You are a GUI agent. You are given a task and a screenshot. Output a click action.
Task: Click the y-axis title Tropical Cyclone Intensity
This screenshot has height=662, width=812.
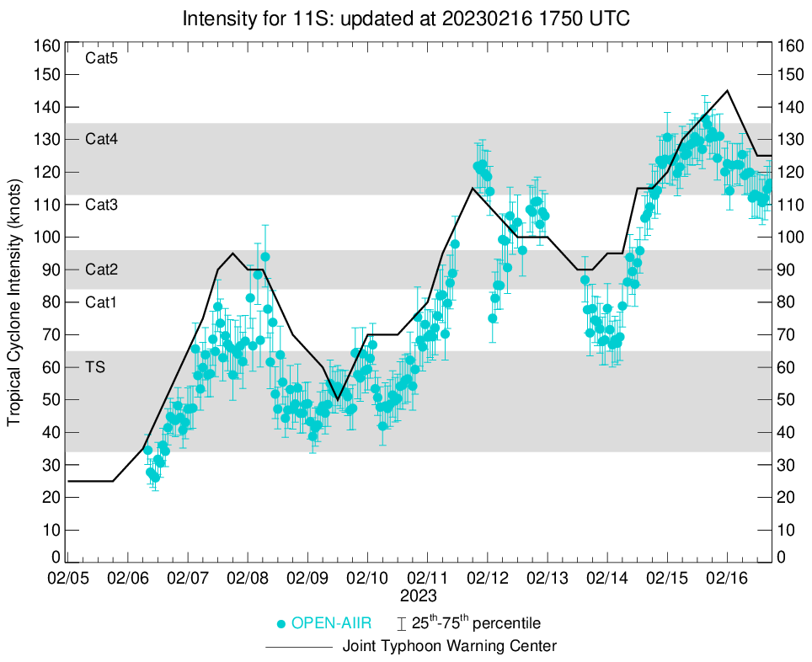(14, 302)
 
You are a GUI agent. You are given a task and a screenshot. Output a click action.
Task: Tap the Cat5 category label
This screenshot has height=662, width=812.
(101, 59)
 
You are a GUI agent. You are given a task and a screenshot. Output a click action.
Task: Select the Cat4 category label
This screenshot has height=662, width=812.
(101, 140)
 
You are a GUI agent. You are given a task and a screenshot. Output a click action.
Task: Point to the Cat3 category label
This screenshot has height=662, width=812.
(101, 205)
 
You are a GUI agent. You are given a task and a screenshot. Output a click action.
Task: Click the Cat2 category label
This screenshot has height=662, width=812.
(101, 270)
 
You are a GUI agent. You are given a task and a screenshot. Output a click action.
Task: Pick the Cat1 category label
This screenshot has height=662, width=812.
(101, 302)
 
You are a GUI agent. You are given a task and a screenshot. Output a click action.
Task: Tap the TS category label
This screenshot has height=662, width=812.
(95, 366)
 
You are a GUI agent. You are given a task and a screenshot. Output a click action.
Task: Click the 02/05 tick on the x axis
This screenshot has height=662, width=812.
(67, 580)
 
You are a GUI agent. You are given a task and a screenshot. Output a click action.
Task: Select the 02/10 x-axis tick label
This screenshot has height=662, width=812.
(367, 580)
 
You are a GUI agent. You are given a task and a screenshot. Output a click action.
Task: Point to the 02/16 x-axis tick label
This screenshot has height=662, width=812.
(728, 580)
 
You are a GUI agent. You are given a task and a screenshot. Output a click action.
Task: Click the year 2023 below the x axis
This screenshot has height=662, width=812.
(419, 596)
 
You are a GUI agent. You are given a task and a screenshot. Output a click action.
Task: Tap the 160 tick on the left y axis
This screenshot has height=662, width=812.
(49, 45)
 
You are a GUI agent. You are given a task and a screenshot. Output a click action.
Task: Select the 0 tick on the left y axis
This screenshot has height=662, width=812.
(56, 557)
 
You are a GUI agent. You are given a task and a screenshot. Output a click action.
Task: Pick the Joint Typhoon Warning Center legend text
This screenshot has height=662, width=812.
(450, 647)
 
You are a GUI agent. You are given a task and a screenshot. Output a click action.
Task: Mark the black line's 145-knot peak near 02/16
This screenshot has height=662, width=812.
(728, 90)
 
